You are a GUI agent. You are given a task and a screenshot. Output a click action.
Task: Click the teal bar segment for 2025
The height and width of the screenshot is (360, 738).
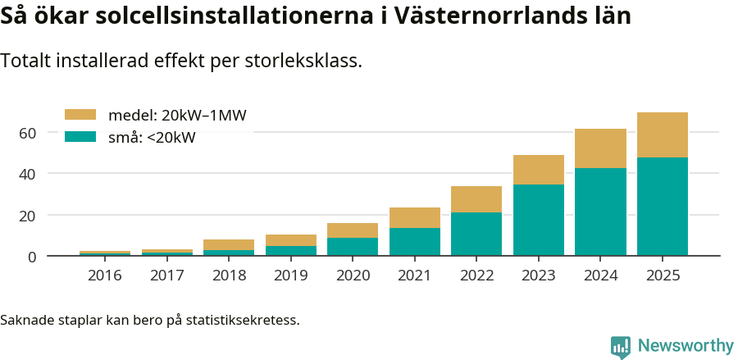coord(662,206)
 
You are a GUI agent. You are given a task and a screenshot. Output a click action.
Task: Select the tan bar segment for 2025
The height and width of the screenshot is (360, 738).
coord(662,134)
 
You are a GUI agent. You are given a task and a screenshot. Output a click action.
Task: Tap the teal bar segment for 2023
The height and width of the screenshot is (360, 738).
coord(538,220)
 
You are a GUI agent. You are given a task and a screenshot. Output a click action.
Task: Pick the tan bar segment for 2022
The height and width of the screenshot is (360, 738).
coord(476,199)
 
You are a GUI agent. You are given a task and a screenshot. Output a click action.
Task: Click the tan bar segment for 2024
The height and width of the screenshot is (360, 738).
coord(600,148)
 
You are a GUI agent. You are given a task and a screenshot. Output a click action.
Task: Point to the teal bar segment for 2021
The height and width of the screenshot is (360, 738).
coord(414,242)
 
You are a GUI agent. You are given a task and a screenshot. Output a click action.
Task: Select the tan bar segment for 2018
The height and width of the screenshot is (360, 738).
coord(229,244)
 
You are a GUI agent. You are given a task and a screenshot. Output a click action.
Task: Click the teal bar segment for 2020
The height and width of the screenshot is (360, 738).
coord(353,247)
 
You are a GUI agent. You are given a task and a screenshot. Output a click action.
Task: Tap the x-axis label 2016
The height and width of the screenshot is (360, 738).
coord(105,276)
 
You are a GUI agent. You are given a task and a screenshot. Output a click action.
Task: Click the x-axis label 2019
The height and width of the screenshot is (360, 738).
coord(291,276)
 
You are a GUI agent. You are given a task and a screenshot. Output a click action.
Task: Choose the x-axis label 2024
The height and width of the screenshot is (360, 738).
coord(600,276)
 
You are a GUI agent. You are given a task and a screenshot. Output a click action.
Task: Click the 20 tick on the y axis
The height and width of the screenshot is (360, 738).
coord(29,216)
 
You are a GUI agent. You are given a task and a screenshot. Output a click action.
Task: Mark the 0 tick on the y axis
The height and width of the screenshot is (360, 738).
coord(33,257)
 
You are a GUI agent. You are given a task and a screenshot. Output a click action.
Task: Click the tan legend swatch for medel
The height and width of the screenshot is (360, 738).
coord(80,115)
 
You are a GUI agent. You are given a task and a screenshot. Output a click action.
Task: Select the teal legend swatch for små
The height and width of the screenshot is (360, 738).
coord(80,137)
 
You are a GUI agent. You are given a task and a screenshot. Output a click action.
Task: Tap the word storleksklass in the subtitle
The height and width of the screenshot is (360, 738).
coord(303,61)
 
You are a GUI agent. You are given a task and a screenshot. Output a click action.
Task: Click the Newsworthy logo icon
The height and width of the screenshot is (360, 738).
coord(621,346)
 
